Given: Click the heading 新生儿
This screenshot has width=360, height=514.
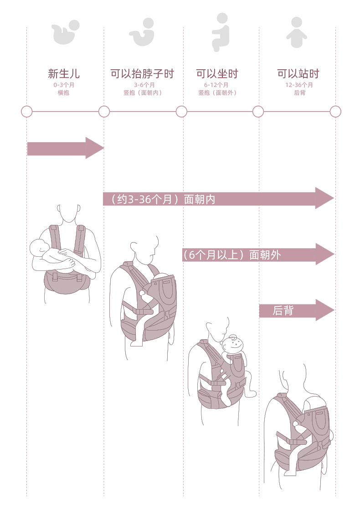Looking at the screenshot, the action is (64, 74).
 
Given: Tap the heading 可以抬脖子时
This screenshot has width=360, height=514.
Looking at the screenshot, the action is (142, 74).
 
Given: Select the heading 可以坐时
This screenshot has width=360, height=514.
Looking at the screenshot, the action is (217, 74).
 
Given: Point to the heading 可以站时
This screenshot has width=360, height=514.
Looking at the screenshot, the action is (298, 74).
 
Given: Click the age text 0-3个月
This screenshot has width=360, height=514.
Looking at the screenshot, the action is (64, 85).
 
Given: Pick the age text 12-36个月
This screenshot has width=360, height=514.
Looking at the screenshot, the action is (299, 85).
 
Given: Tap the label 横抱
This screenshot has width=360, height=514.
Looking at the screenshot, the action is (64, 93).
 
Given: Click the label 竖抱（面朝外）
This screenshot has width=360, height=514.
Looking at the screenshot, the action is (217, 93).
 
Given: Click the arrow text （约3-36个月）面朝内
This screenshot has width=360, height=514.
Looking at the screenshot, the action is (159, 199).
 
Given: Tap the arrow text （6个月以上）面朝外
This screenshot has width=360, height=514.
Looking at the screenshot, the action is (231, 255).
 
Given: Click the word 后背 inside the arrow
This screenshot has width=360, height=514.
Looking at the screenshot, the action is (283, 310).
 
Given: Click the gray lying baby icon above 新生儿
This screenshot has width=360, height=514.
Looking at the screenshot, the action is (66, 32).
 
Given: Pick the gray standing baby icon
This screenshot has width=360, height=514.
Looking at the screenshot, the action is (297, 33).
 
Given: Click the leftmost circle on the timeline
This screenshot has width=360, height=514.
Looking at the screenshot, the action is (27, 112).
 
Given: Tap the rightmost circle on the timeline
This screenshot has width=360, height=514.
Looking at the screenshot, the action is (335, 112).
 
